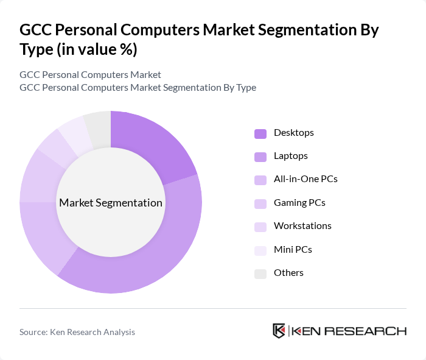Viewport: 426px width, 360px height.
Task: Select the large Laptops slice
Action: point(152,256)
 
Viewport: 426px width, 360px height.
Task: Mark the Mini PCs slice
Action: point(74,132)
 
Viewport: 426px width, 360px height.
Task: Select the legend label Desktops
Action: point(293,132)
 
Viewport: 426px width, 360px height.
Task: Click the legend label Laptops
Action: point(290,156)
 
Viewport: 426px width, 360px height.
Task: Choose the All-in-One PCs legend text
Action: point(305,179)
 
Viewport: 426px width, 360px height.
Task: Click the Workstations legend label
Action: point(302,226)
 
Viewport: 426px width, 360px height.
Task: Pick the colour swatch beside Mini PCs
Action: point(260,250)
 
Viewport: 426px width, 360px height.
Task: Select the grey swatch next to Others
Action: point(260,274)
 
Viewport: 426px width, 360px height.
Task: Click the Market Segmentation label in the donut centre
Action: point(111,203)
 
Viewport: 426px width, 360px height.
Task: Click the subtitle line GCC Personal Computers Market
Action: point(90,74)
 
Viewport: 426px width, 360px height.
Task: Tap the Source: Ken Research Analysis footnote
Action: point(77,332)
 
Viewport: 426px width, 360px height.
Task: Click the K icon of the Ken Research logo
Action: point(279,331)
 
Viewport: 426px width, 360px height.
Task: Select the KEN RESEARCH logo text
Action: point(349,331)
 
